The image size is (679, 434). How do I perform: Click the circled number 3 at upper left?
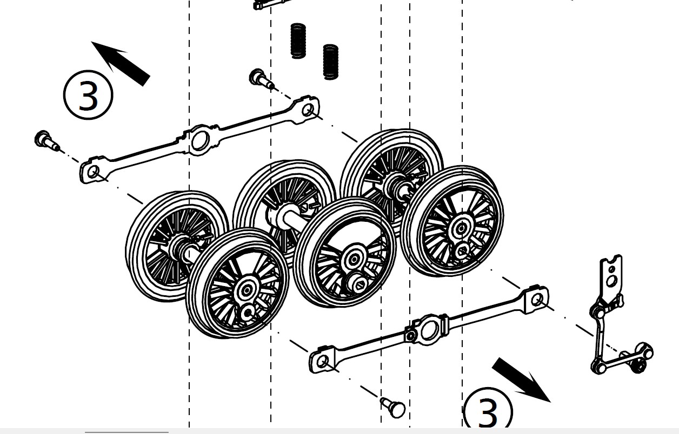pyautogui.click(x=88, y=95)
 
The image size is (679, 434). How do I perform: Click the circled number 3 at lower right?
pyautogui.click(x=488, y=412)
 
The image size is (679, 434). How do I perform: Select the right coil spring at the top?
pyautogui.click(x=331, y=62)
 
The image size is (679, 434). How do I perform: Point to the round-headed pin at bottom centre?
pyautogui.click(x=394, y=408)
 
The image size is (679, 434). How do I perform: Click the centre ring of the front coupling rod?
pyautogui.click(x=429, y=329)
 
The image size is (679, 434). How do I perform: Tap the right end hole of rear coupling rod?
pyautogui.click(x=308, y=110)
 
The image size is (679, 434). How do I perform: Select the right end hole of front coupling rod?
pyautogui.click(x=537, y=300)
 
